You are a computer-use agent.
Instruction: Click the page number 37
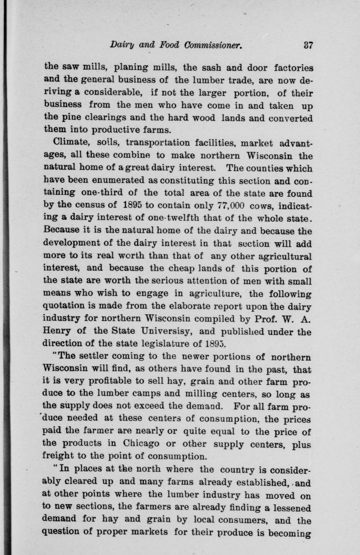308,45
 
